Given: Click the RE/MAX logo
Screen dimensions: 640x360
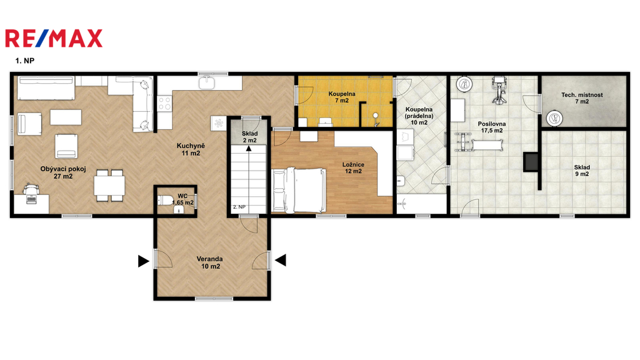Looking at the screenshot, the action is pyautogui.click(x=54, y=38).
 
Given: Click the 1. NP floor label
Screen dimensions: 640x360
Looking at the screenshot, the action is pyautogui.click(x=25, y=61).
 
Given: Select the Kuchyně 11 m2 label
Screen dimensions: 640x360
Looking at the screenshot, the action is pyautogui.click(x=191, y=149).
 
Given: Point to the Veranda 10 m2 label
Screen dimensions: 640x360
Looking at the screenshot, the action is pyautogui.click(x=210, y=262).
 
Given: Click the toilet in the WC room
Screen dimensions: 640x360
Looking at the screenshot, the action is pyautogui.click(x=165, y=201).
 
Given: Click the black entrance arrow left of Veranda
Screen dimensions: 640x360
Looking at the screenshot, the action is pyautogui.click(x=143, y=261).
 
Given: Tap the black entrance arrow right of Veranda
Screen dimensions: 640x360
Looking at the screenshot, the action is pyautogui.click(x=281, y=260).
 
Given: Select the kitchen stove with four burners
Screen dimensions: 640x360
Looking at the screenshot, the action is pyautogui.click(x=164, y=103).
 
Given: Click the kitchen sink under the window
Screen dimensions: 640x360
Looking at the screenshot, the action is pyautogui.click(x=207, y=83).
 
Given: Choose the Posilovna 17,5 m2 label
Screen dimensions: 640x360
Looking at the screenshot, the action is pyautogui.click(x=492, y=127).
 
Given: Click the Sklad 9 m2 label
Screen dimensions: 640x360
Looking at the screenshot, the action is pyautogui.click(x=582, y=171).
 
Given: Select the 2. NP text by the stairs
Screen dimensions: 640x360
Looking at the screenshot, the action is pyautogui.click(x=239, y=207).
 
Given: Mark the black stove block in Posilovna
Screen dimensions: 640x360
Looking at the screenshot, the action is pyautogui.click(x=531, y=161).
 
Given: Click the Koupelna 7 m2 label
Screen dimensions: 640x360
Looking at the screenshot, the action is pyautogui.click(x=342, y=97).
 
